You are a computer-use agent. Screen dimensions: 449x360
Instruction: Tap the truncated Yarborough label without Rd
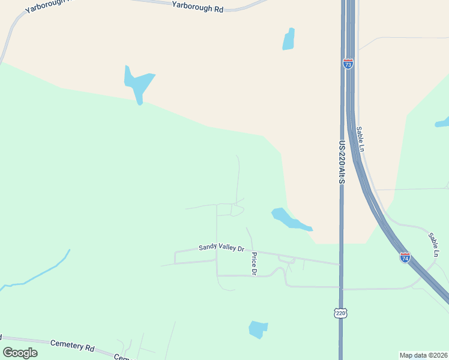tap(47, 5)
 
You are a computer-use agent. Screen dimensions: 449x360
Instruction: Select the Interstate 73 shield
tap(348, 64)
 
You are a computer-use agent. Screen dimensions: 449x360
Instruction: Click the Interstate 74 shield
tap(405, 258)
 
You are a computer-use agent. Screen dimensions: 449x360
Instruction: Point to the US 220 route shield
tap(340, 313)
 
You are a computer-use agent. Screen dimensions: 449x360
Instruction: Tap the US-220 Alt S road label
tap(342, 163)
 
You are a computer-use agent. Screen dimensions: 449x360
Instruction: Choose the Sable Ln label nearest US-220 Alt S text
tap(360, 138)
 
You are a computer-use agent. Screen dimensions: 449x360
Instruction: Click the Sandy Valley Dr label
tap(222, 248)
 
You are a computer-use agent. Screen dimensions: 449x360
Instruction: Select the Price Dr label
tap(254, 264)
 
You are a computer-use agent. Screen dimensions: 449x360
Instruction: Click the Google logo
tap(20, 353)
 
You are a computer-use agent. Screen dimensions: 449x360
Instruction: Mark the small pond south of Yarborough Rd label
tap(289, 39)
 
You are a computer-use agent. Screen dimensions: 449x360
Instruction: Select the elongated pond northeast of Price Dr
tap(291, 219)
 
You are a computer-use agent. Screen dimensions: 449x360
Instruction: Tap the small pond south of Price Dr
tap(258, 329)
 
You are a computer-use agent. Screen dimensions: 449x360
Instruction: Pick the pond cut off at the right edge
tap(442, 122)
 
